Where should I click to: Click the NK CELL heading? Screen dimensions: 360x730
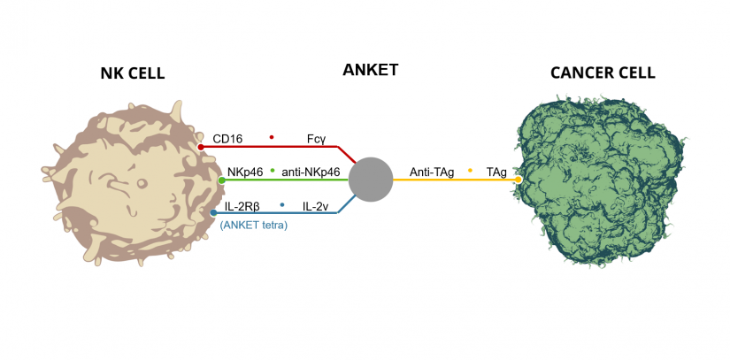click(132, 73)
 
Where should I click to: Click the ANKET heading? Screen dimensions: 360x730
click(371, 70)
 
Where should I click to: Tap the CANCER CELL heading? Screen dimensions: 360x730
click(603, 73)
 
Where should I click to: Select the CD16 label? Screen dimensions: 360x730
click(227, 139)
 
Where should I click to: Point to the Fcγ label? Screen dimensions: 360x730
click(317, 139)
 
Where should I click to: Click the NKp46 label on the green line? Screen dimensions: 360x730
click(245, 172)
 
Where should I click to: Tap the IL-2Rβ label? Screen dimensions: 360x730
click(242, 206)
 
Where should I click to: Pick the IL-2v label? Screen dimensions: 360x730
click(316, 206)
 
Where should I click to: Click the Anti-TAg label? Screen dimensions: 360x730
click(432, 172)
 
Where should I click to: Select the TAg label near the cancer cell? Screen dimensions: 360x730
click(496, 172)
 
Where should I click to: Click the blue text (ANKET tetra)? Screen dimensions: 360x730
click(254, 225)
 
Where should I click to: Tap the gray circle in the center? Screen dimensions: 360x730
click(371, 180)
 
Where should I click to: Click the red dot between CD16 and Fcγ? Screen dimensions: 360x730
click(272, 137)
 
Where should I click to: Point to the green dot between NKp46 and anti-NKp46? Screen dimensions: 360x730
click(273, 169)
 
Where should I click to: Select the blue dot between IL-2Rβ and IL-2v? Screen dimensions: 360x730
click(282, 204)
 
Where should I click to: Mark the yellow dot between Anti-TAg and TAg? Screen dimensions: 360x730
click(470, 170)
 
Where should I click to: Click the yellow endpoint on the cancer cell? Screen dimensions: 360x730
click(518, 180)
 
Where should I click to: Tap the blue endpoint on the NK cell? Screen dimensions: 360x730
click(213, 212)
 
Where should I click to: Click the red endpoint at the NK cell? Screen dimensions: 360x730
click(202, 147)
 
